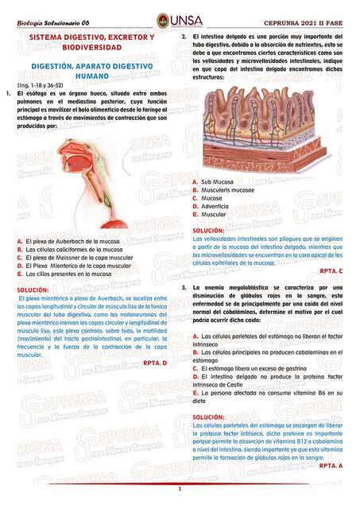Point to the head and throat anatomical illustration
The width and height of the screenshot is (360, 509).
pyautogui.click(x=91, y=183)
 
